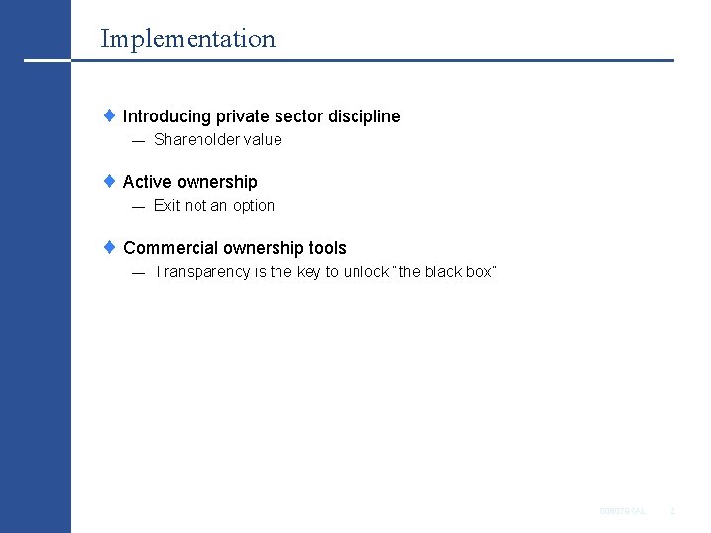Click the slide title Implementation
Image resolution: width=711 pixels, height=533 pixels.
188,39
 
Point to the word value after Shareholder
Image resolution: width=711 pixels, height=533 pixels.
264,140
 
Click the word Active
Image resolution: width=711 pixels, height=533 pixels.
146,182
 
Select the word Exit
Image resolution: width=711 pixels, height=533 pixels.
167,206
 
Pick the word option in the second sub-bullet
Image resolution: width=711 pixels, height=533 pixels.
254,206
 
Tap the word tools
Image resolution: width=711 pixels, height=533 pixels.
327,248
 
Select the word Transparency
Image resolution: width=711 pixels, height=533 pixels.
201,272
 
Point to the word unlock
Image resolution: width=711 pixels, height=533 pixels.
366,272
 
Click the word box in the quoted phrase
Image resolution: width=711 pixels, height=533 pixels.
478,272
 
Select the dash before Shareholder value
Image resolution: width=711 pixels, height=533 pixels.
138,141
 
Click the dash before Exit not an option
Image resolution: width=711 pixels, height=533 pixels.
138,207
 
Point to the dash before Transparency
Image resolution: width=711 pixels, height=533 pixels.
138,273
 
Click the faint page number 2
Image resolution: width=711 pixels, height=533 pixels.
671,510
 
